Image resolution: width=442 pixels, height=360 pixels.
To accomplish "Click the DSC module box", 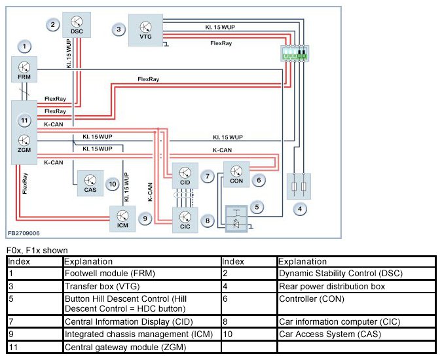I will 76,25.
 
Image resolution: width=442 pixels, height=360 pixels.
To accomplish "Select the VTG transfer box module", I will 145,30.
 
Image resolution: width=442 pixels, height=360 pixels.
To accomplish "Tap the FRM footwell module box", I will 24,69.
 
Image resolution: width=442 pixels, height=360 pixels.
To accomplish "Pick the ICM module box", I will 122,218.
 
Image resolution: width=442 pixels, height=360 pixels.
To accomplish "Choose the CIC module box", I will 185,220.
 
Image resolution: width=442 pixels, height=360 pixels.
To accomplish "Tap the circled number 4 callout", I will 300,209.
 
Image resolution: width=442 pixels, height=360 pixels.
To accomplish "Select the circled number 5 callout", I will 258,207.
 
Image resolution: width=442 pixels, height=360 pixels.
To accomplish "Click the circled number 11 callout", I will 24,120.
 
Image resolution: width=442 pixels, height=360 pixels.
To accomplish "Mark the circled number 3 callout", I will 119,29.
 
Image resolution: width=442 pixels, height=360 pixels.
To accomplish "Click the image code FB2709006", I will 24,232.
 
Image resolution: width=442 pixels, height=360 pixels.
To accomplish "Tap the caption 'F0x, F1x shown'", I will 37,250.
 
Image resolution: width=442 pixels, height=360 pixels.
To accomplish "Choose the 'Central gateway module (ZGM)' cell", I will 142,347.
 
